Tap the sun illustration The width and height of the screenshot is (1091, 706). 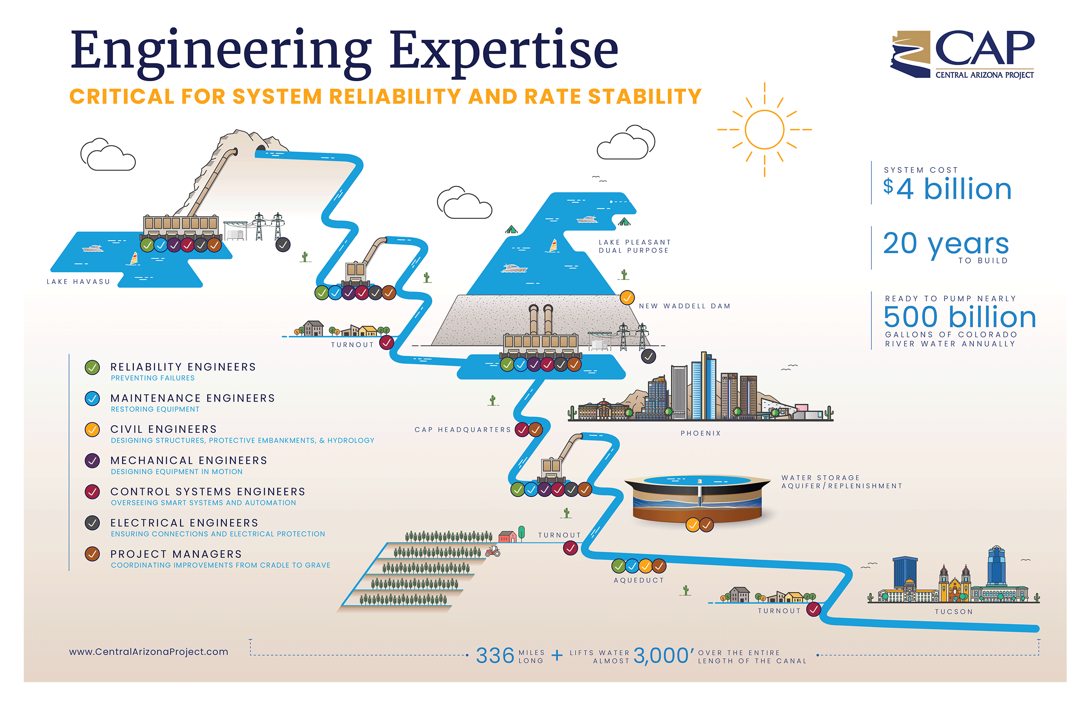764,130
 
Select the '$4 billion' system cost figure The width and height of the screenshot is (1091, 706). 947,189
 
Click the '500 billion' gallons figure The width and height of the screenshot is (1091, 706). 960,317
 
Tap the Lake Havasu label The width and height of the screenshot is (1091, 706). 78,282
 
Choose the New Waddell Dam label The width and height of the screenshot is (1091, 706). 685,306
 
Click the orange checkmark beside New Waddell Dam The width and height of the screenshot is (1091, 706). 627,298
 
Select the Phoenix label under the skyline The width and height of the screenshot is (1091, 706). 701,433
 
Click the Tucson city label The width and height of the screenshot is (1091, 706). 953,612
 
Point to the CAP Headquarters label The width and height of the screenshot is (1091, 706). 462,430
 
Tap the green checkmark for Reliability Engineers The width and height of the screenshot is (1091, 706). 92,367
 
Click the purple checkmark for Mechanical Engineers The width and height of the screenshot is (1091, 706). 92,461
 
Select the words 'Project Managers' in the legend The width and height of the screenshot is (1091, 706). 176,554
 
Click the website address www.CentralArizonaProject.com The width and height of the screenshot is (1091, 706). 148,652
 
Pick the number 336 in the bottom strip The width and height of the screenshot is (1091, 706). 495,656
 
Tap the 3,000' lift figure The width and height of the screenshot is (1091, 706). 663,656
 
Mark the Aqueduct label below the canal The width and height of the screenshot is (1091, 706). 639,580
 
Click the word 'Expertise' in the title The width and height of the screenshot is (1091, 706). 504,50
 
